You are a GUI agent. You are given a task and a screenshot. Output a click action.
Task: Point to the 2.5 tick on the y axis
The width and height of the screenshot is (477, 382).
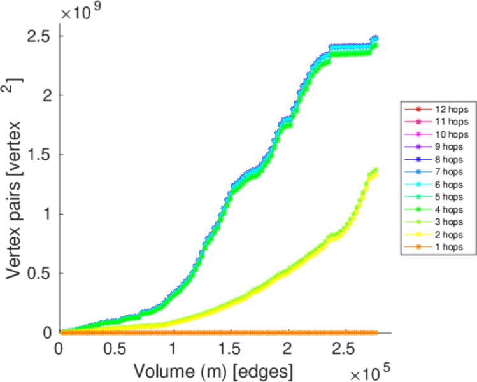[x=39, y=36]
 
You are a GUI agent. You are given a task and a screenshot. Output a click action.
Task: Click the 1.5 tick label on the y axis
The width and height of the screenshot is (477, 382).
[x=39, y=155]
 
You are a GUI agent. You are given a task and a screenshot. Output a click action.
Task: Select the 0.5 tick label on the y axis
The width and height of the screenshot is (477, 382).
[x=39, y=274]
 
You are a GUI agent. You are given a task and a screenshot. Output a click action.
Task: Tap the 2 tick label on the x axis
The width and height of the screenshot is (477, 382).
[x=287, y=349]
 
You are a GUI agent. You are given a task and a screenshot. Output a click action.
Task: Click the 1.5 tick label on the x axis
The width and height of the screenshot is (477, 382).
[x=230, y=349]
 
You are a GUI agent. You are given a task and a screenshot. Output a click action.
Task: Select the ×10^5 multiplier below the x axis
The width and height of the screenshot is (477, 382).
[x=365, y=370]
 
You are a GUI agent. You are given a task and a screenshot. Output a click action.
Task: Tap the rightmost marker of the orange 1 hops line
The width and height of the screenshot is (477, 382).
[x=376, y=332]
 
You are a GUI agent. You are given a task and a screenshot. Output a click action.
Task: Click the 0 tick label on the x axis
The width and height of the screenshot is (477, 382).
[x=59, y=349]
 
